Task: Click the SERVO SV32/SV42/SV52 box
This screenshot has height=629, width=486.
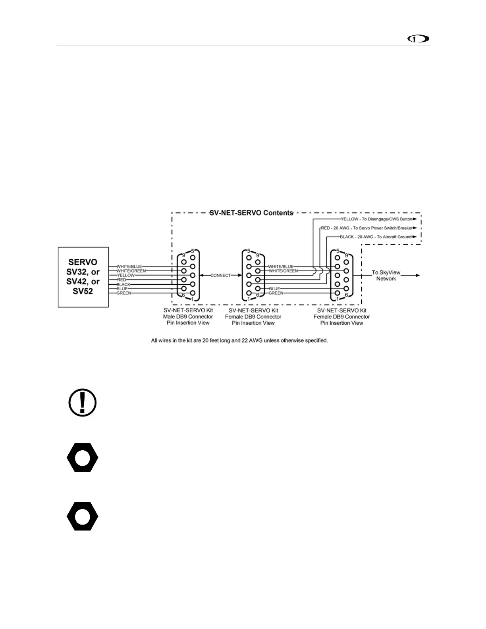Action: [83, 277]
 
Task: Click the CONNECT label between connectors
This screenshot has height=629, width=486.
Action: [220, 275]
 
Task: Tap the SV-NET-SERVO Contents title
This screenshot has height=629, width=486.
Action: [251, 213]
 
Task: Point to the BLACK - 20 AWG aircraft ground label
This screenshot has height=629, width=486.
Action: [376, 237]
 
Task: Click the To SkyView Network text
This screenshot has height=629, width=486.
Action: [386, 276]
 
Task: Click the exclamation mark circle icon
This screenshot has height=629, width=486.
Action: [83, 403]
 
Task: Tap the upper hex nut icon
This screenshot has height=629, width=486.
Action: [83, 457]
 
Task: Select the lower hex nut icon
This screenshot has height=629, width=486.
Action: [83, 516]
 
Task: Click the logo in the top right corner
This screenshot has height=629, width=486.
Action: [418, 39]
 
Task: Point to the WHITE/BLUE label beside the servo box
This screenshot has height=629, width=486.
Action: [129, 266]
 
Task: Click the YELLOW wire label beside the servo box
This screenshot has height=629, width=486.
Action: [126, 275]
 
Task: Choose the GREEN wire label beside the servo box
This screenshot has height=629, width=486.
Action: [124, 293]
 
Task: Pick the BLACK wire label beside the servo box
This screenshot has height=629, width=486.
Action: [123, 284]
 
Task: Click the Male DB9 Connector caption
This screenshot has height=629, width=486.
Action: [188, 316]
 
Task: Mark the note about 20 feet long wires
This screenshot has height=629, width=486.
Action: [239, 340]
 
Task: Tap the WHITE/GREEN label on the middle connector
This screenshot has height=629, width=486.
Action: [283, 271]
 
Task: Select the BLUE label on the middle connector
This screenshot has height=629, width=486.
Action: [274, 289]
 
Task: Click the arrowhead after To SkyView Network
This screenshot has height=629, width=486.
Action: [417, 275]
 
